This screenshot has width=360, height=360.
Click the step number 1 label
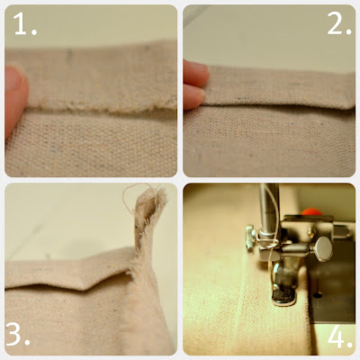click(25, 24)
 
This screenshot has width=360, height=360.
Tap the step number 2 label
click(339, 23)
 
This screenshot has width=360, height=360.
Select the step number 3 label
click(18, 335)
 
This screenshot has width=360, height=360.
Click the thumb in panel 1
click(15, 97)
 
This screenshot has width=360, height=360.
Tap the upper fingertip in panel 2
click(195, 73)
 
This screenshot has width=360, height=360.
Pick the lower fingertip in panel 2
click(193, 96)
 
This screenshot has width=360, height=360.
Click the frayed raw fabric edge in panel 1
click(102, 105)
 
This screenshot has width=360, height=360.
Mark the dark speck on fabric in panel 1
click(69, 56)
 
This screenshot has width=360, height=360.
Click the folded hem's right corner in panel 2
click(353, 106)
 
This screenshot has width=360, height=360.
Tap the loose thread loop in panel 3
click(132, 195)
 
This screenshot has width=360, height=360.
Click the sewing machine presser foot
click(283, 285)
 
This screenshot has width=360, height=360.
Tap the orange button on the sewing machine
click(312, 211)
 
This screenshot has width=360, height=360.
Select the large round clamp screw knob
click(322, 248)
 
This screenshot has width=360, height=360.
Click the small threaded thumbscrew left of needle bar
click(251, 237)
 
